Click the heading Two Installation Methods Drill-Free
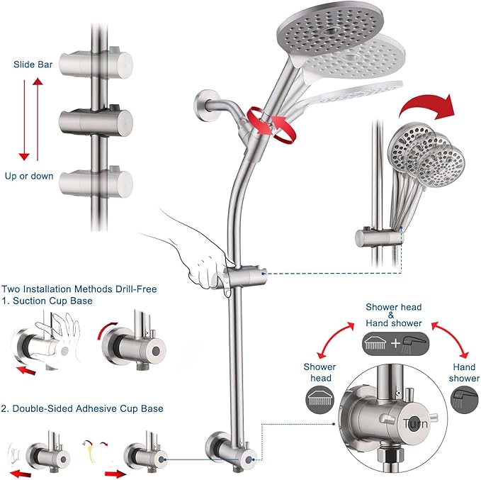79,289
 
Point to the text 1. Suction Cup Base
47,301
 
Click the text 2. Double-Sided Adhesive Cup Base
83,408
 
